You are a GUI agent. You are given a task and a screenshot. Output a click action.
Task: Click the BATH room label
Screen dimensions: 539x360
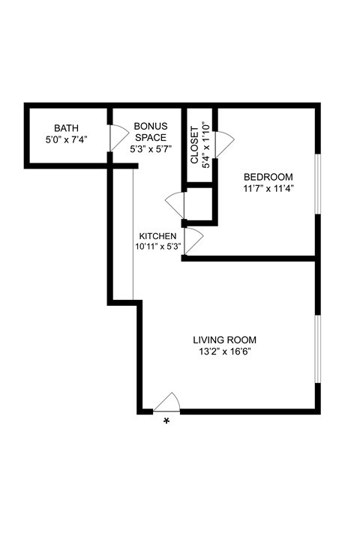tap(65, 128)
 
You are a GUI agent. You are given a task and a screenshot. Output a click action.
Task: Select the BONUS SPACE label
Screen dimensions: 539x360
tap(151, 132)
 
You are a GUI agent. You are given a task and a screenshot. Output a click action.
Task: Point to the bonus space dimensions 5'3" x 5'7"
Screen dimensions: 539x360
tap(151, 148)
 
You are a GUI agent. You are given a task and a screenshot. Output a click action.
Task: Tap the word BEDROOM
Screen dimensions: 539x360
tap(268, 177)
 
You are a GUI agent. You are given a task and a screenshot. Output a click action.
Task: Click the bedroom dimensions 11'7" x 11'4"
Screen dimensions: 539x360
tap(268, 188)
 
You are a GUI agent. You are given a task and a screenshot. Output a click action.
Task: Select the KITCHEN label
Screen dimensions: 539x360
tap(157, 236)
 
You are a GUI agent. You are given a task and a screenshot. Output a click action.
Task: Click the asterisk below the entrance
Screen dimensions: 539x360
tap(166, 422)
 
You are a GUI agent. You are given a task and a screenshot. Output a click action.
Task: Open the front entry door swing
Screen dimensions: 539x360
tap(167, 403)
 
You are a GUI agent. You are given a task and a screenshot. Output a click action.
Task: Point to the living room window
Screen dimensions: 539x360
tap(318, 349)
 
